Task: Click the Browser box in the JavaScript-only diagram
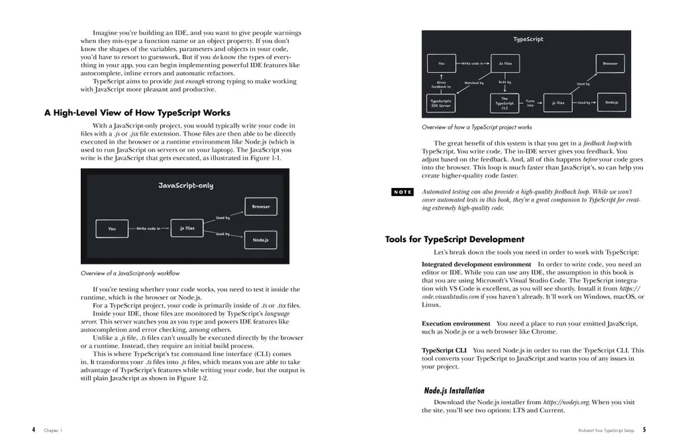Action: pos(261,206)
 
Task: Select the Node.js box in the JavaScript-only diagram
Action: pos(261,239)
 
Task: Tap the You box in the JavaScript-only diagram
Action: pos(112,229)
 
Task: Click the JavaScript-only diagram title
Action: pos(185,186)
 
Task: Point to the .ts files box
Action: pos(505,64)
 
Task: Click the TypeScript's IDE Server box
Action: pos(441,103)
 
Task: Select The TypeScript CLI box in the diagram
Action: pos(505,103)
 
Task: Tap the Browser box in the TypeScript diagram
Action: pos(610,64)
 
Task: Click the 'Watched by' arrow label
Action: pos(474,83)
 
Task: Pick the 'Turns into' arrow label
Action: pos(530,103)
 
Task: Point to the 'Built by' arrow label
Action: pos(505,82)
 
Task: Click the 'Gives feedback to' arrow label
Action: pos(441,84)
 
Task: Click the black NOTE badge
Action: pos(403,192)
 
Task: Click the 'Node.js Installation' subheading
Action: pos(454,390)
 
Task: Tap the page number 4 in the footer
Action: pos(33,429)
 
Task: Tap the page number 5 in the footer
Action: pos(644,429)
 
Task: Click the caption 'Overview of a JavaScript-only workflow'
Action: pos(130,273)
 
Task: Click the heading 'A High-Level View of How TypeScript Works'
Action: pos(137,112)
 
